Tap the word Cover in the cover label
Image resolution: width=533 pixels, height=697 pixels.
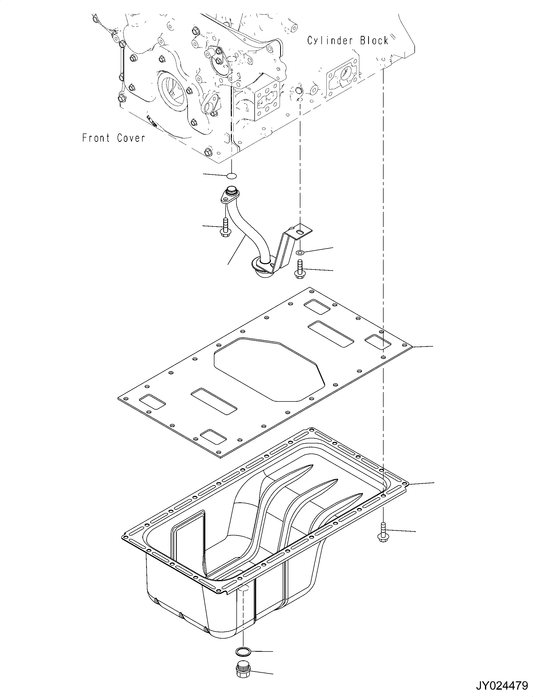[x=131, y=138]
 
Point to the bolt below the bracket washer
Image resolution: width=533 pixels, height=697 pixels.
[x=299, y=270]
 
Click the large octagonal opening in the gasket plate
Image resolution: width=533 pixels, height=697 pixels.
[x=270, y=368]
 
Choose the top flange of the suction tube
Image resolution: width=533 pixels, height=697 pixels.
[x=230, y=195]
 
